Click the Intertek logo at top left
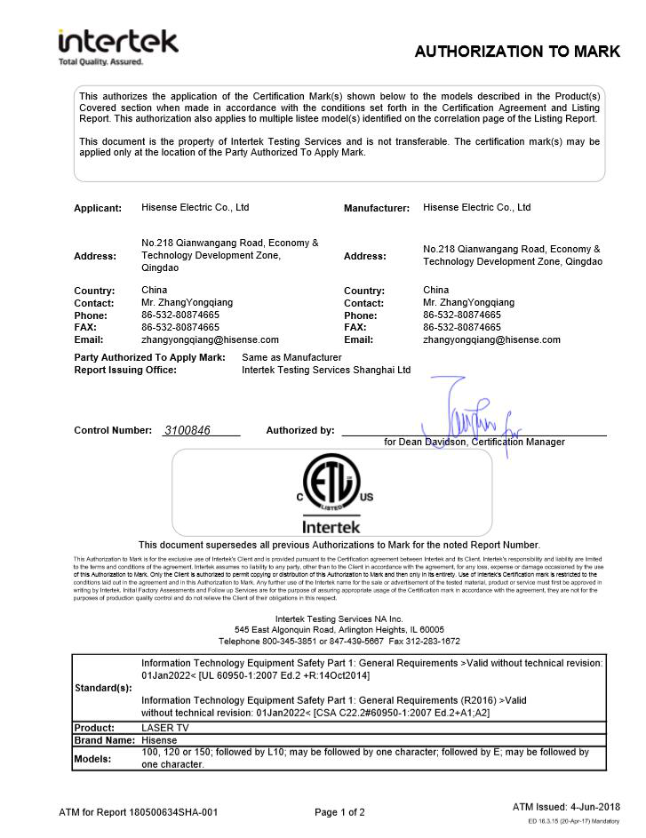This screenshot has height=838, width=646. click(117, 44)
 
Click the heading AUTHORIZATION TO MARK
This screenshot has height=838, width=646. click(516, 52)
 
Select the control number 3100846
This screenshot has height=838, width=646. click(187, 430)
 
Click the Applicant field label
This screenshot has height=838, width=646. click(98, 208)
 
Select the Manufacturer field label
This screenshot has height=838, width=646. click(377, 208)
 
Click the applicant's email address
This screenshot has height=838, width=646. click(210, 339)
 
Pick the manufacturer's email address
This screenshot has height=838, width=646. click(491, 339)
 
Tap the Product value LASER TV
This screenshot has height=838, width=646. click(164, 728)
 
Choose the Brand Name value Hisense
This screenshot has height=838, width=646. click(160, 740)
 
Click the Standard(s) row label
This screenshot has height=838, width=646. click(103, 688)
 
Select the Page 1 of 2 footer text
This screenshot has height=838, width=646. click(339, 812)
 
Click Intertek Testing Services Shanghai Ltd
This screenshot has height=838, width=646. click(326, 370)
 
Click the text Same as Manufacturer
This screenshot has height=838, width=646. click(291, 357)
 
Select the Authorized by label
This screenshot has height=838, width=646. click(300, 430)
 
